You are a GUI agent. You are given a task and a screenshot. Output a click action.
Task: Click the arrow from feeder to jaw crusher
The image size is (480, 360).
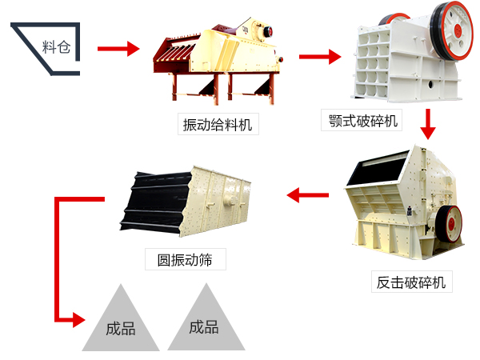pyautogui.click(x=319, y=57)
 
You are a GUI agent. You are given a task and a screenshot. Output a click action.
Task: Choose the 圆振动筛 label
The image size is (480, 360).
pyautogui.click(x=185, y=259)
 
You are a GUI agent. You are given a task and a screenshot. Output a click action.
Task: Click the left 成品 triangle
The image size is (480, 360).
pyautogui.click(x=120, y=322)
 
